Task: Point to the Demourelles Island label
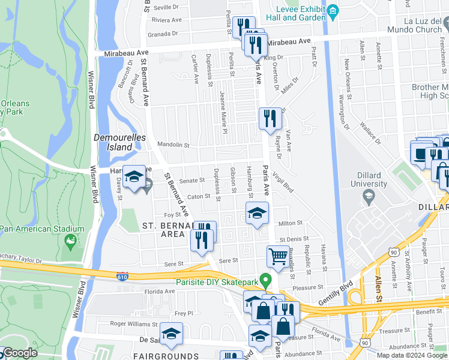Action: pyautogui.click(x=113, y=142)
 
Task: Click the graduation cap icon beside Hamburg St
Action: pyautogui.click(x=256, y=213)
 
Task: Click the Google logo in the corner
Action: pyautogui.click(x=19, y=352)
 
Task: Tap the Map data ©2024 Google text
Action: pyautogui.click(x=412, y=355)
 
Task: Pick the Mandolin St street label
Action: pyautogui.click(x=173, y=145)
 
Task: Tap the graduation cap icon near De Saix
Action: pyautogui.click(x=171, y=334)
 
